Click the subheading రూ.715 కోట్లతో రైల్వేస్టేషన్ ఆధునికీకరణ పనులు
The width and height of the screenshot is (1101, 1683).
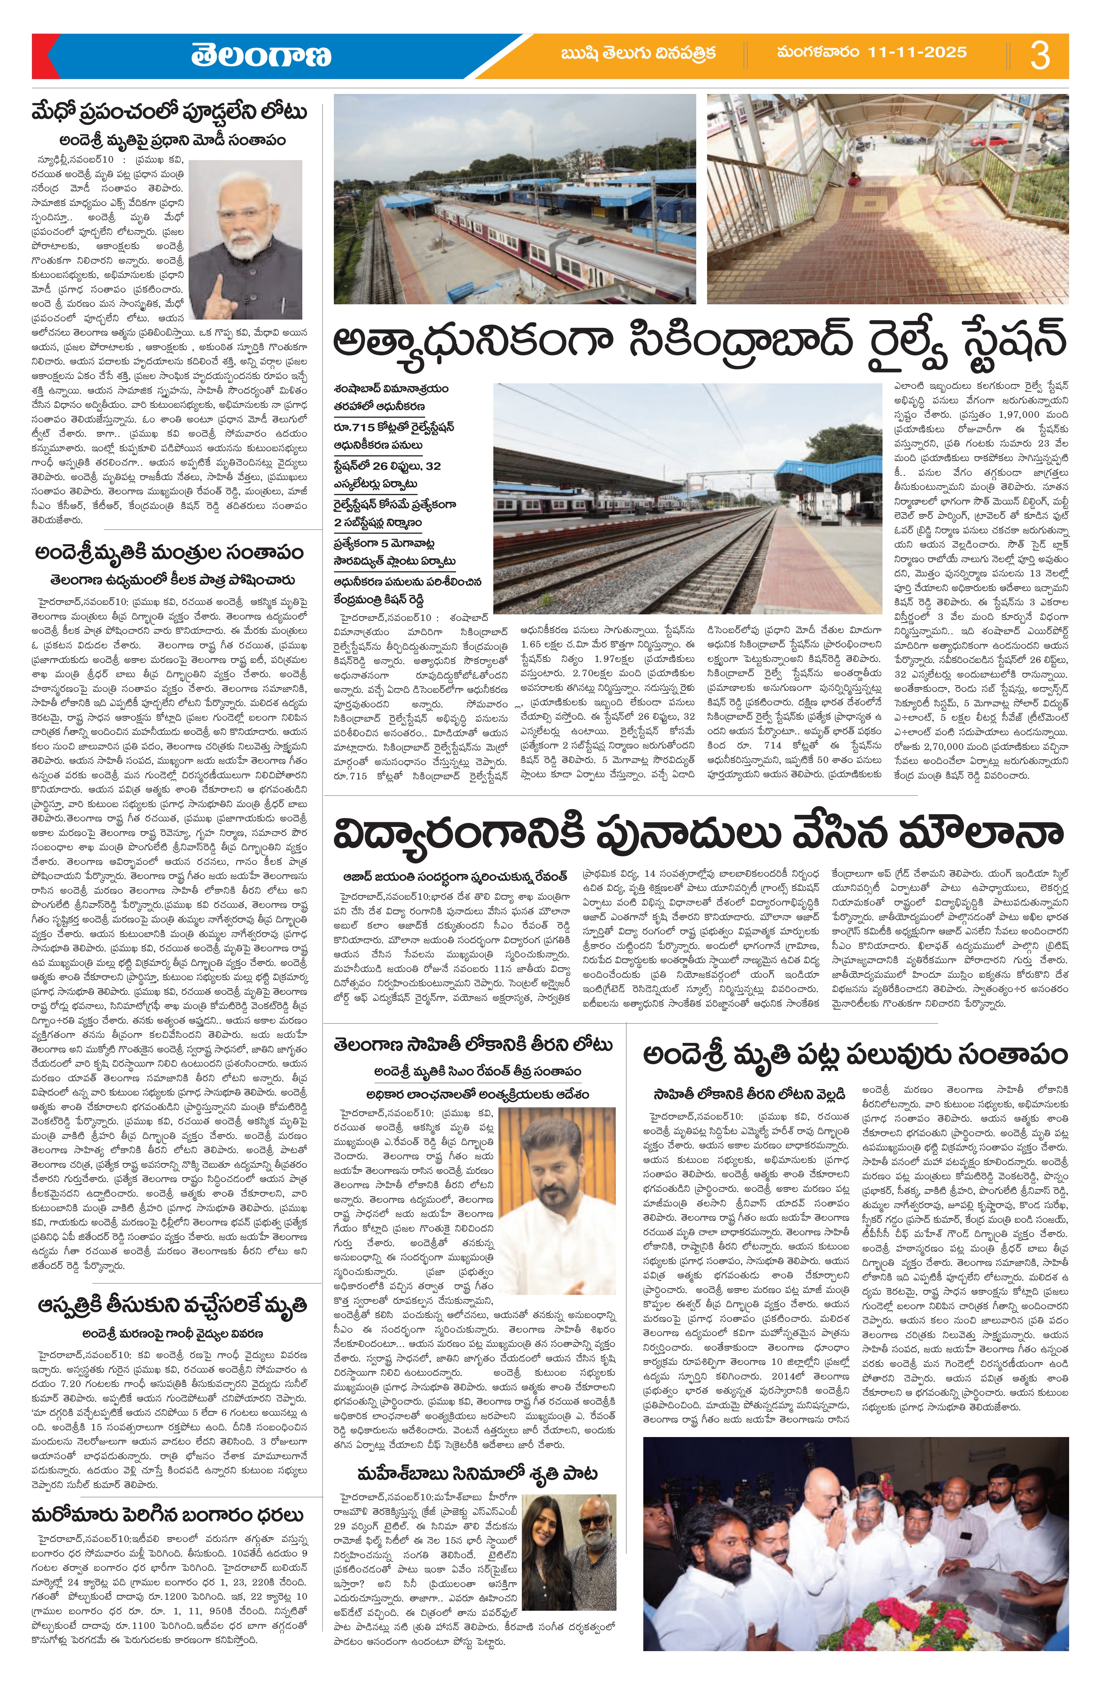pos(395,436)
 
